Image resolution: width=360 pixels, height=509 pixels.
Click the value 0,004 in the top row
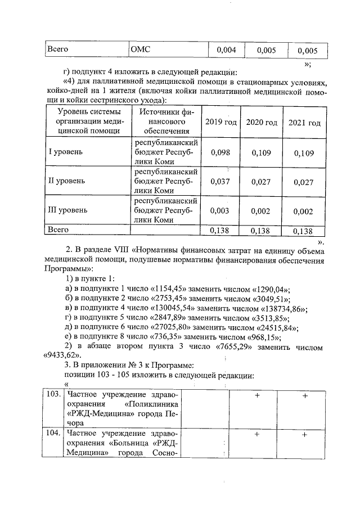click(226, 49)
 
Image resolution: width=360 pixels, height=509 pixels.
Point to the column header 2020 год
click(262, 123)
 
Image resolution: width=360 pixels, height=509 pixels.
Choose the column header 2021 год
click(304, 123)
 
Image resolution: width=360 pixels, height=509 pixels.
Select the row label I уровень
click(67, 152)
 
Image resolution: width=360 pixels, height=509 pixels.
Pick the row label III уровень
click(70, 210)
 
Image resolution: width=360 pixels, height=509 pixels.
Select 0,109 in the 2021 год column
click(304, 152)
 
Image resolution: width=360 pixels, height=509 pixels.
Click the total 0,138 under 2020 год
click(262, 230)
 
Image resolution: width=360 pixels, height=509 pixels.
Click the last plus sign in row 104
click(305, 434)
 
